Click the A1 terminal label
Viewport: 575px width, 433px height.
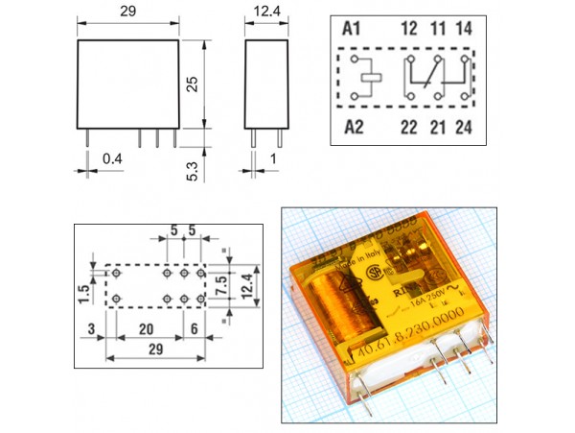click(353, 29)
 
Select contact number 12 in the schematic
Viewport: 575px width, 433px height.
click(408, 29)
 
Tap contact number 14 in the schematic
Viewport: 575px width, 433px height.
click(464, 29)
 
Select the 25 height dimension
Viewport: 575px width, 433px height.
click(193, 84)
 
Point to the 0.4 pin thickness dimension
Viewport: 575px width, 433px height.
click(113, 156)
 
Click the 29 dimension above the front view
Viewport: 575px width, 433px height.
click(127, 12)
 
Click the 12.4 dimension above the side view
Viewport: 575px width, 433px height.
click(267, 12)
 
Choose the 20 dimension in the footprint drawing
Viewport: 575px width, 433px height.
click(145, 327)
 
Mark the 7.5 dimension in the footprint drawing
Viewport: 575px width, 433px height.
click(219, 285)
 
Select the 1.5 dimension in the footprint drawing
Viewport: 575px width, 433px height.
click(84, 291)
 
